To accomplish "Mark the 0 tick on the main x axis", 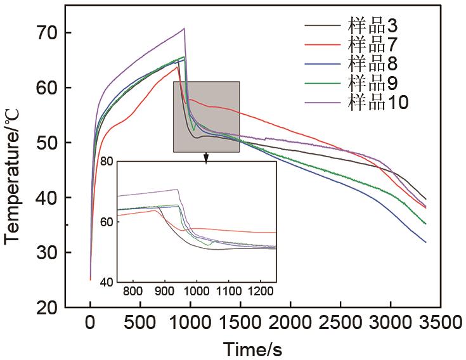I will click(91, 323).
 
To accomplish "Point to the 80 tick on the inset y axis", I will click(107, 162).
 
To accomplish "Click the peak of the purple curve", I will click(184, 28).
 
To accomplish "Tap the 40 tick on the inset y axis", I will click(107, 282).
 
